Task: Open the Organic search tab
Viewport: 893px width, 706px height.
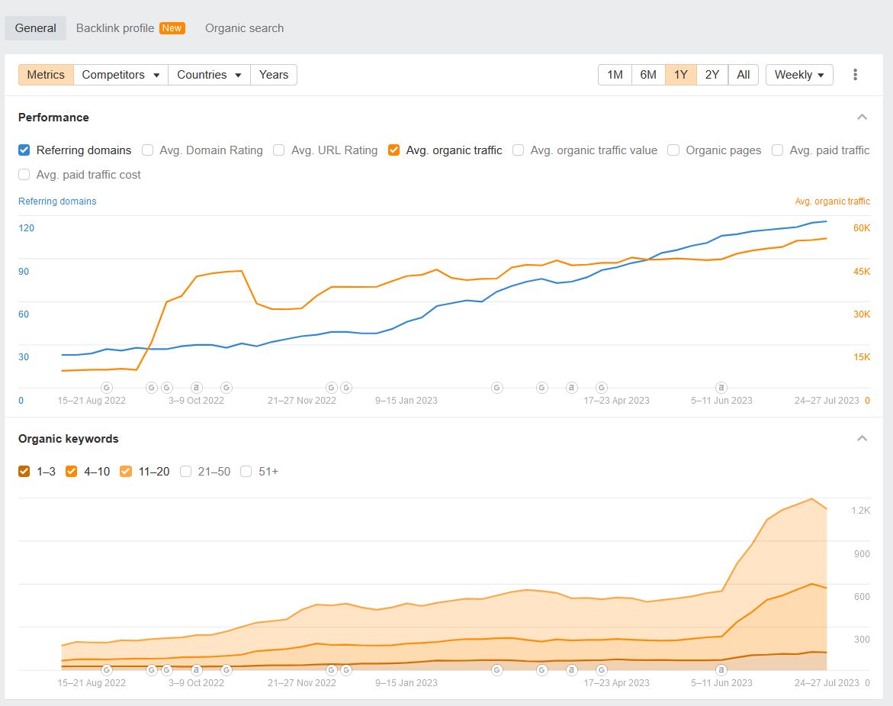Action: (244, 28)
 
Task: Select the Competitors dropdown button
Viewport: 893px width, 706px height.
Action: (121, 75)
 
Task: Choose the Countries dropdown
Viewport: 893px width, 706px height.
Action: (209, 75)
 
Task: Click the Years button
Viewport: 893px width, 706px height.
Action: (273, 75)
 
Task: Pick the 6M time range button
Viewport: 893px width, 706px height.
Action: (648, 75)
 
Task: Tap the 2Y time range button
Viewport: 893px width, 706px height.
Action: (712, 75)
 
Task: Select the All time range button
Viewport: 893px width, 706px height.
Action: (743, 75)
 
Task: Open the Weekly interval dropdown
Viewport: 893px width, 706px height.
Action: (798, 75)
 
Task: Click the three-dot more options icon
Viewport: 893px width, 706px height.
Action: (855, 75)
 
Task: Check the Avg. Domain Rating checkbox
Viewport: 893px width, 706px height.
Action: (148, 150)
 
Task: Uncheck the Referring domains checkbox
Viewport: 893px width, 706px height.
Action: (24, 150)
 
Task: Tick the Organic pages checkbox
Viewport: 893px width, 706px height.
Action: (673, 150)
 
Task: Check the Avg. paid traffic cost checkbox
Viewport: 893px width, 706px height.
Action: (24, 175)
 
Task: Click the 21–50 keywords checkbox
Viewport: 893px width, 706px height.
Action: (186, 472)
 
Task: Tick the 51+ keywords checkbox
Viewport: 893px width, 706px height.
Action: (246, 472)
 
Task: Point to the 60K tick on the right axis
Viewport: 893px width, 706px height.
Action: (862, 228)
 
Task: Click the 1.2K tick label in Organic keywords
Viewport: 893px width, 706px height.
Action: (861, 511)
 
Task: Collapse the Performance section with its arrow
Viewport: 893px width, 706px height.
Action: (862, 118)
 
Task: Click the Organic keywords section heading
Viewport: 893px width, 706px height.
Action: (69, 439)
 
